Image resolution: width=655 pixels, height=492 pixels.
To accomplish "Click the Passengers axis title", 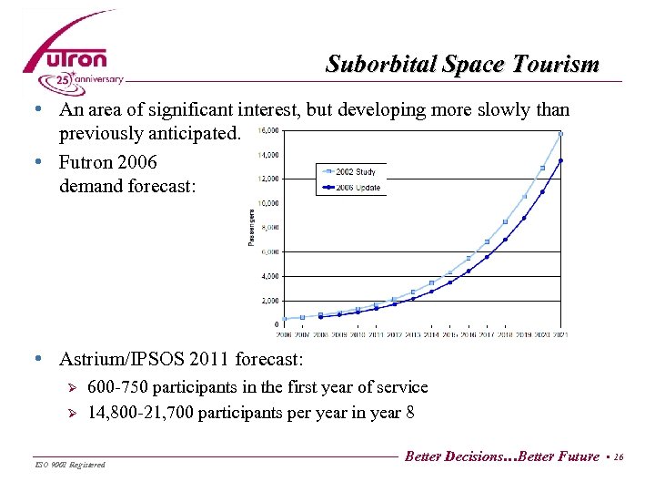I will coord(251,228).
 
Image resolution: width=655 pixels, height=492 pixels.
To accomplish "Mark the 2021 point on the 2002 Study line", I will coord(561,134).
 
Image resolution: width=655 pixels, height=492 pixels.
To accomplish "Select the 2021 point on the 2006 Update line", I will coord(561,160).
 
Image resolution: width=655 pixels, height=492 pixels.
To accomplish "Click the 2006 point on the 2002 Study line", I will coord(285,319).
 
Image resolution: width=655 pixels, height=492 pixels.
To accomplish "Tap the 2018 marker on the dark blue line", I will coord(506,240).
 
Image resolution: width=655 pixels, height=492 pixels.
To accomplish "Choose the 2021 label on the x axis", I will coord(561,334).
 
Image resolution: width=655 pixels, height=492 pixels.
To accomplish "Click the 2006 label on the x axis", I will coord(285,334).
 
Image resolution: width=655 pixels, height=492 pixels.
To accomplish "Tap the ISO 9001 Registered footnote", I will coord(68,466).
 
